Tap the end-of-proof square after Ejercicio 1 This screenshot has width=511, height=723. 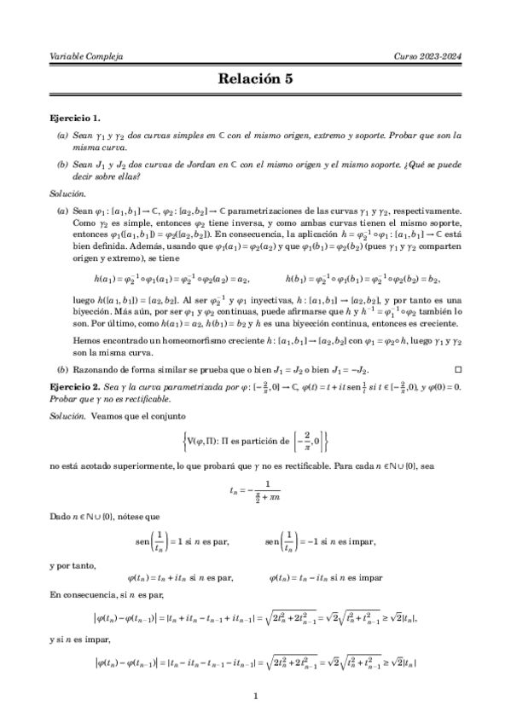[x=458, y=370]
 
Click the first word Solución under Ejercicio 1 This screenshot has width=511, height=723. [x=68, y=194]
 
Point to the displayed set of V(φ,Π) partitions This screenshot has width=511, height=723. [x=255, y=442]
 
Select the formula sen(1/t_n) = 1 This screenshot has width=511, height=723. [x=179, y=541]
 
